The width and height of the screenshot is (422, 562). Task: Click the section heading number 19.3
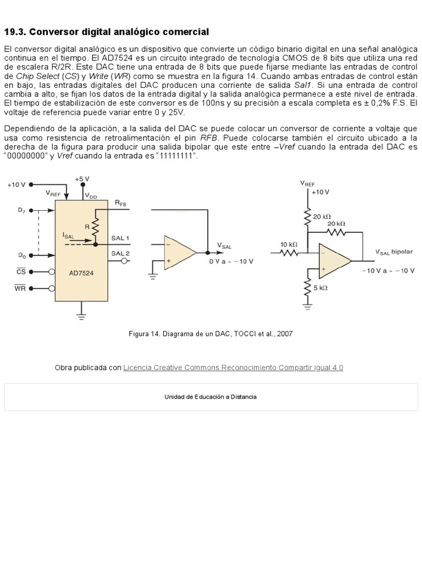[x=15, y=32]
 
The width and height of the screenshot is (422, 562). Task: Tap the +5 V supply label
[x=82, y=178]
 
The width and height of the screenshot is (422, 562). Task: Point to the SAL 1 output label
[x=120, y=238]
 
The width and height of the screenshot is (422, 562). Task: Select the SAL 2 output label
[x=120, y=253]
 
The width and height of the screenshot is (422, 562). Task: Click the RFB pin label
[x=120, y=203]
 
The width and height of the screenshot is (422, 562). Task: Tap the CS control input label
[x=21, y=271]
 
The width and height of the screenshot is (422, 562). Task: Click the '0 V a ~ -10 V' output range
[x=231, y=261]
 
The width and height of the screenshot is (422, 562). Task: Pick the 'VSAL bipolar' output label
[x=394, y=251]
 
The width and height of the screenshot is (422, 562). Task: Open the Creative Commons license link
[x=233, y=368]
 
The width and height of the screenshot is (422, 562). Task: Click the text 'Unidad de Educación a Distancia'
[x=210, y=397]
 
